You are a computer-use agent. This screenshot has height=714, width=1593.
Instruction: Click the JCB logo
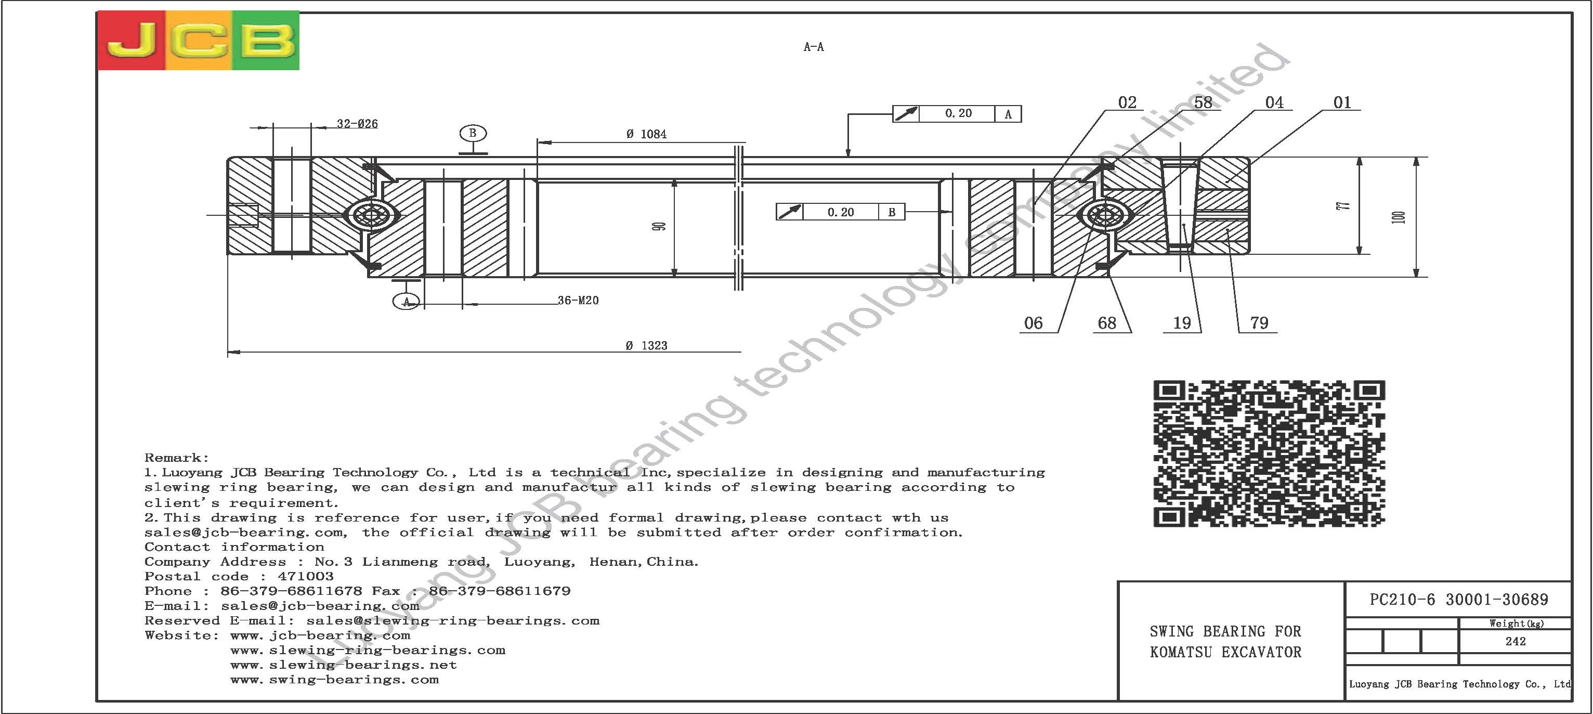click(199, 40)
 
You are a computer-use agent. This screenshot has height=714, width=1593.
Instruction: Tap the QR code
click(1269, 453)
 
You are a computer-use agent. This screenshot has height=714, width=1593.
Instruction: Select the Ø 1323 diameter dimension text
click(646, 345)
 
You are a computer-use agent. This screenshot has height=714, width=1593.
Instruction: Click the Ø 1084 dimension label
click(646, 134)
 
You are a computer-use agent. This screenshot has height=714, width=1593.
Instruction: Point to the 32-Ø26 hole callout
click(357, 124)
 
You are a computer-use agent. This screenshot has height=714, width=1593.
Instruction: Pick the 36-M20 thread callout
click(578, 300)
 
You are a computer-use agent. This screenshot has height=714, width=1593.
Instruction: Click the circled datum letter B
click(473, 133)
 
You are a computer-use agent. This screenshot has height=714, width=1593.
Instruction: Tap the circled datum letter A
click(406, 301)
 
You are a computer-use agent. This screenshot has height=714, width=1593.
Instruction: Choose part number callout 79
click(1259, 323)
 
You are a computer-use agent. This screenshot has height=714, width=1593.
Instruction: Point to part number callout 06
click(1034, 323)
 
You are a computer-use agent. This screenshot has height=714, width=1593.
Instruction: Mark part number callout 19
click(1182, 323)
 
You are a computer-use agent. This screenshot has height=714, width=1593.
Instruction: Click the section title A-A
click(814, 47)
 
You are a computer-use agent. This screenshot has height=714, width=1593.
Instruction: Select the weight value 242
click(1515, 641)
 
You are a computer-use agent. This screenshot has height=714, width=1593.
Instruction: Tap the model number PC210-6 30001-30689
click(1459, 600)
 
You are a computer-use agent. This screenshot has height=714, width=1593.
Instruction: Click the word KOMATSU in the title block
click(1181, 652)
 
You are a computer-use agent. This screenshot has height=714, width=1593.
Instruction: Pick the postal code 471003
click(306, 577)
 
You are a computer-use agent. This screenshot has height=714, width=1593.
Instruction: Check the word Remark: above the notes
click(177, 458)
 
